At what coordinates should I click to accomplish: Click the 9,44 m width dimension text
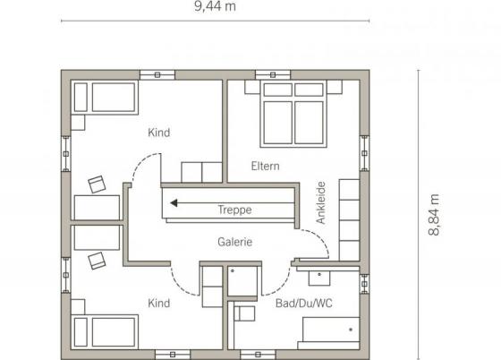coord(215,6)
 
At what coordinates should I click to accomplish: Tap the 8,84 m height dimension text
coord(434,215)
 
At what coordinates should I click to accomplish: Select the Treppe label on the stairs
coord(234,210)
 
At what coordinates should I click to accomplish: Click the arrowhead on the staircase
coord(174,202)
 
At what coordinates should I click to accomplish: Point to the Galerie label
coord(234,242)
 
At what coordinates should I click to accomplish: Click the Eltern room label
coord(265,166)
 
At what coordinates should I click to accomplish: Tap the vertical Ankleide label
coord(321,202)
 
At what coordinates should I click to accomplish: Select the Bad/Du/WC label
coord(304,303)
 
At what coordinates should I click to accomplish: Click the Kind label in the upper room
coord(159,133)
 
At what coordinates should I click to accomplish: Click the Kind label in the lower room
coord(159,303)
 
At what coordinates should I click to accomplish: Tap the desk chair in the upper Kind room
coord(97,184)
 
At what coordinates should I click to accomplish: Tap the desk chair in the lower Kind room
coord(97,261)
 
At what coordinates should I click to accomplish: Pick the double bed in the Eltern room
coord(293,114)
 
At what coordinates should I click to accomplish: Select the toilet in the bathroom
coord(244,313)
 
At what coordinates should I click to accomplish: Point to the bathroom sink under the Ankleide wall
coord(319,279)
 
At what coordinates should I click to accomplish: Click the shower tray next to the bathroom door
coord(242,281)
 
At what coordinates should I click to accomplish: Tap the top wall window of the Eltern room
coord(273,75)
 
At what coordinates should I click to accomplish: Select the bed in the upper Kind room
coord(105,98)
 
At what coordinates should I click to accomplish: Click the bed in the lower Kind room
coord(105,332)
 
